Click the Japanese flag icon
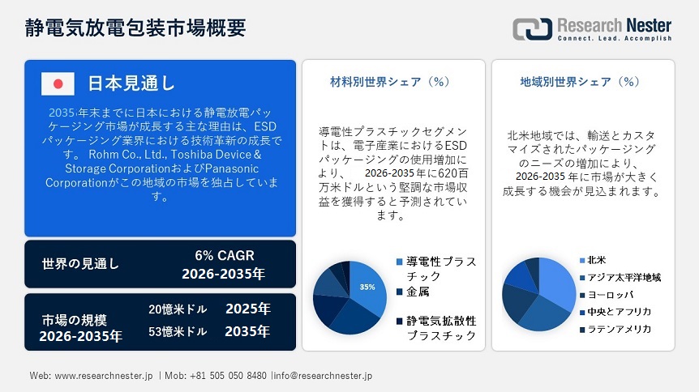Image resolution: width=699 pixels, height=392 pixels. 58,83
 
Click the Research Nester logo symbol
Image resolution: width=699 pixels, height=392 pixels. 532,28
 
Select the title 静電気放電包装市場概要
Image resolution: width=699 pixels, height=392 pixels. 135,28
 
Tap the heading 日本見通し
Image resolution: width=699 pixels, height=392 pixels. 131,83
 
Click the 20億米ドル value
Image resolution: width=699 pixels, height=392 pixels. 178,309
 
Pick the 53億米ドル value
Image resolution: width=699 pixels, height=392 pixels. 178,331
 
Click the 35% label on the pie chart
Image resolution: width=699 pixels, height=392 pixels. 367,287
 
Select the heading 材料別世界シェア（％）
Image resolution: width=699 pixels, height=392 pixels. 389,82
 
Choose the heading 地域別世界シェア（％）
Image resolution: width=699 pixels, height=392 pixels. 580,82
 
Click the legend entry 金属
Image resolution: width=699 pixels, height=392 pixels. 418,291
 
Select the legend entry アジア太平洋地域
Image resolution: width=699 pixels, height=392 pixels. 624,278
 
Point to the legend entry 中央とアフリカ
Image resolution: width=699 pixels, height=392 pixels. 619,312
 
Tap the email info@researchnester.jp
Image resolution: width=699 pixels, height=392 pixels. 325,377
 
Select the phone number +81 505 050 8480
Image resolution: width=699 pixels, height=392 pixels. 226,377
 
